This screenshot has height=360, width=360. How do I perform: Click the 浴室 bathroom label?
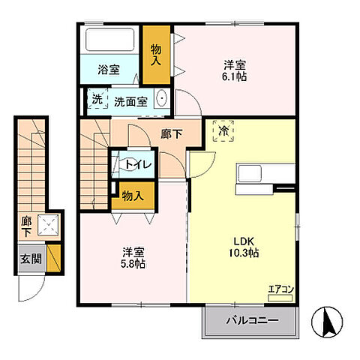coord(109,70)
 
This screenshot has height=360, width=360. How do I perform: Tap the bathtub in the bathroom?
coord(110,40)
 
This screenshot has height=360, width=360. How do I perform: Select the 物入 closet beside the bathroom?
coord(157,55)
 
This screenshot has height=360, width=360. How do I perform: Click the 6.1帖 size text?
coord(234,76)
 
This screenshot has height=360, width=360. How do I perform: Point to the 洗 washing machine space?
coord(97,98)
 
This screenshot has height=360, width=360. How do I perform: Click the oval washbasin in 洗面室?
coord(162,98)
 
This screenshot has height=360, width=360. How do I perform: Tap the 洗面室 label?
coord(130,102)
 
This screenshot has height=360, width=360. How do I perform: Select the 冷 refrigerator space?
coord(223,131)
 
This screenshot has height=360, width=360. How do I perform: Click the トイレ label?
coord(139,165)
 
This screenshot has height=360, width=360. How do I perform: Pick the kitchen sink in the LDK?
coord(250,173)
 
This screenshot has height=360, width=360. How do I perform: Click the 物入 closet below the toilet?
coord(133,196)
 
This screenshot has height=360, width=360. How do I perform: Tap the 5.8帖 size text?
coord(133,264)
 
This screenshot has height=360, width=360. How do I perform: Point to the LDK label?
coord(244,241)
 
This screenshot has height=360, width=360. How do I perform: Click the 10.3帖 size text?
coord(244,253)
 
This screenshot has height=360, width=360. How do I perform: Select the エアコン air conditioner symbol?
coord(280,298)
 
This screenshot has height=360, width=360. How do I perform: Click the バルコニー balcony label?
coord(252,320)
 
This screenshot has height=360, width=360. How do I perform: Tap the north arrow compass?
coord(327,322)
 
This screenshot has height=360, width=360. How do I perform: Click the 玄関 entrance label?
coord(31,259)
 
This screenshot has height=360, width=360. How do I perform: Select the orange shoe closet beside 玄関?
coord(54,258)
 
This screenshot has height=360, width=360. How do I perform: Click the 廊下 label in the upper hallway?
coord(172,133)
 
